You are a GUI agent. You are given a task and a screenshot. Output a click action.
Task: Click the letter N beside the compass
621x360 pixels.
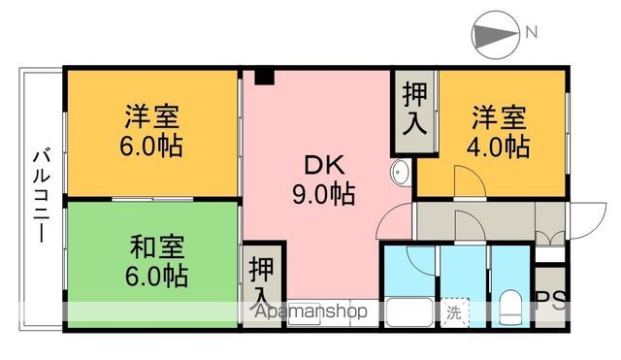click(531, 32)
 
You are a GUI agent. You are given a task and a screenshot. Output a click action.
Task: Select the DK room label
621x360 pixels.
click(324, 166)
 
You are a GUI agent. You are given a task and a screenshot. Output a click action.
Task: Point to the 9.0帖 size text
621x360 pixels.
click(323, 194)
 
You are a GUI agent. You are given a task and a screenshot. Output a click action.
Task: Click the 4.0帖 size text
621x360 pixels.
click(498, 147)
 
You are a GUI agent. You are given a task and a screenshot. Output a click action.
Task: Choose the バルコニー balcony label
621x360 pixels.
click(41, 196)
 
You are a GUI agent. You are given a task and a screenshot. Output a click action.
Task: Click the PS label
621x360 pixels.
click(551, 302)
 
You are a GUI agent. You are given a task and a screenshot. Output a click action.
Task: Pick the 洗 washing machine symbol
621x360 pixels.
click(454, 312)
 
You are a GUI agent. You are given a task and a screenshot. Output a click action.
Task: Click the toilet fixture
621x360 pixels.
click(511, 309)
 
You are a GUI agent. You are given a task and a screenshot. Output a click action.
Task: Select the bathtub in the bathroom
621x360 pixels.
click(409, 312)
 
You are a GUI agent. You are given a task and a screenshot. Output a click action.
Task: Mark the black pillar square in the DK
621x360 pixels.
click(265, 77)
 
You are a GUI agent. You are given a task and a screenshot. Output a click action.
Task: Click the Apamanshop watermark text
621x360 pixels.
click(310, 311)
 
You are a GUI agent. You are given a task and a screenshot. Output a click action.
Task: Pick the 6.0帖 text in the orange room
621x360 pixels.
click(151, 147)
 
